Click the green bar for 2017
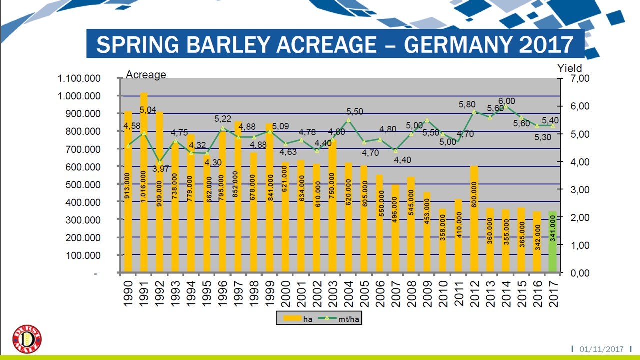[552, 242]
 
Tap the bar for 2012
[474, 219]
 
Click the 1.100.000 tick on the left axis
[80, 78]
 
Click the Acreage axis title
[146, 75]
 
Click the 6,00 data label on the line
[506, 101]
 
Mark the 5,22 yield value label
[223, 119]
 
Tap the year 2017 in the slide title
[546, 45]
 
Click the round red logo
[27, 339]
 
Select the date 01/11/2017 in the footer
[601, 349]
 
